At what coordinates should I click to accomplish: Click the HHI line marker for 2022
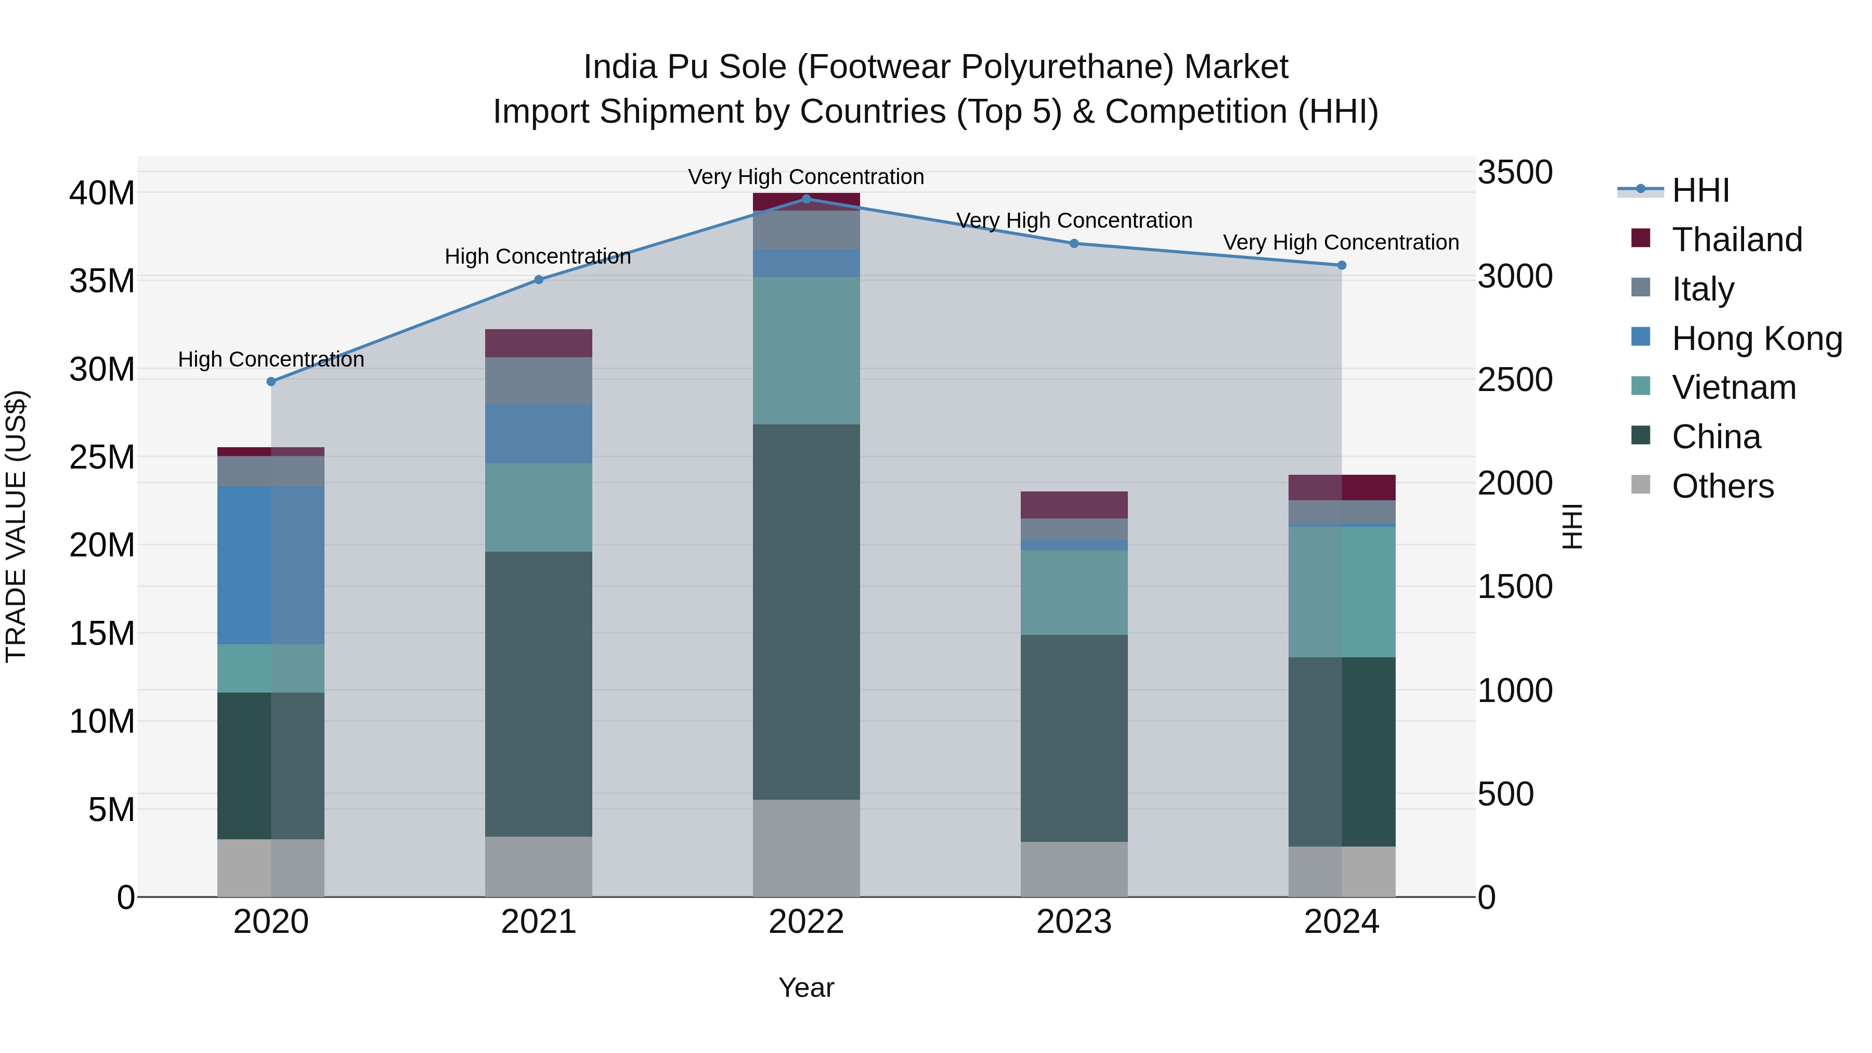pyautogui.click(x=806, y=199)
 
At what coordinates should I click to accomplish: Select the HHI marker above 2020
pyautogui.click(x=271, y=382)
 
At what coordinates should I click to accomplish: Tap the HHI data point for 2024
pyautogui.click(x=1342, y=265)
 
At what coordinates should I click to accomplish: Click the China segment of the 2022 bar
pyautogui.click(x=806, y=612)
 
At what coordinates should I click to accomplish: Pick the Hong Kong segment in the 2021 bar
pyautogui.click(x=539, y=434)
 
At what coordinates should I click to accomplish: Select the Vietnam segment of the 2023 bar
pyautogui.click(x=1074, y=592)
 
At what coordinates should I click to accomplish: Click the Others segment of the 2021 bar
pyautogui.click(x=539, y=866)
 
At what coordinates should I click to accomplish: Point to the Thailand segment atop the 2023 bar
pyautogui.click(x=1074, y=504)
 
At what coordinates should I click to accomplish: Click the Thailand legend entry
pyautogui.click(x=1737, y=240)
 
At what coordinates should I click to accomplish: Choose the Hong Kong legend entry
pyautogui.click(x=1757, y=339)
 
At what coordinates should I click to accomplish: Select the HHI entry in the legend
pyautogui.click(x=1700, y=190)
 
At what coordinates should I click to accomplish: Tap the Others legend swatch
pyautogui.click(x=1641, y=485)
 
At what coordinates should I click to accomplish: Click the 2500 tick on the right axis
pyautogui.click(x=1515, y=380)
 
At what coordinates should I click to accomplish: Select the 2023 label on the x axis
pyautogui.click(x=1074, y=922)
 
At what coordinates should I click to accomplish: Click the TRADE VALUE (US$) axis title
pyautogui.click(x=16, y=526)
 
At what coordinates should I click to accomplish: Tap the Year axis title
pyautogui.click(x=806, y=987)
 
